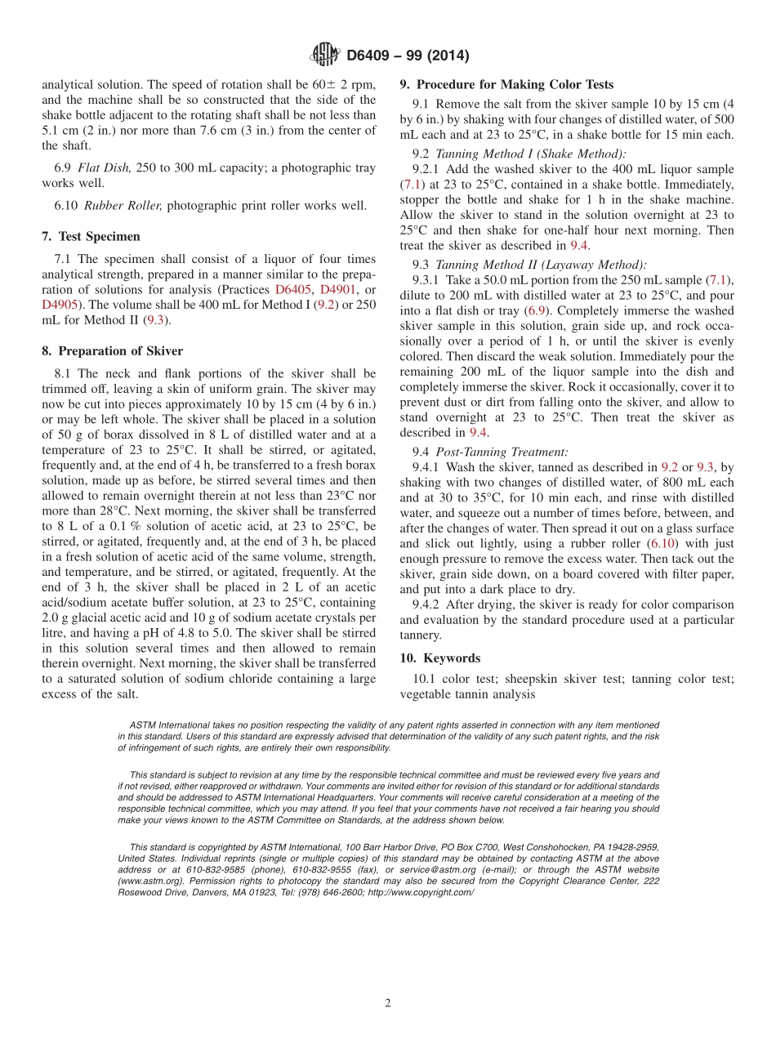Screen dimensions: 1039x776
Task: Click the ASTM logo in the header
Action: click(x=325, y=55)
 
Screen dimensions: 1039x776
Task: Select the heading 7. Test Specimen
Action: click(x=91, y=236)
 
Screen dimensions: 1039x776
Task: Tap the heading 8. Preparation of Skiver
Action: click(x=112, y=351)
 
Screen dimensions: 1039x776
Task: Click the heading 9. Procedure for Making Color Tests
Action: click(x=506, y=84)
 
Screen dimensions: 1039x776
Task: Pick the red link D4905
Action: click(x=59, y=305)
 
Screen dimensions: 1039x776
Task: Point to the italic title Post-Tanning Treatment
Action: click(x=502, y=452)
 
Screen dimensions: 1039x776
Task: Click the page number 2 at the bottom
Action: click(x=388, y=1004)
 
